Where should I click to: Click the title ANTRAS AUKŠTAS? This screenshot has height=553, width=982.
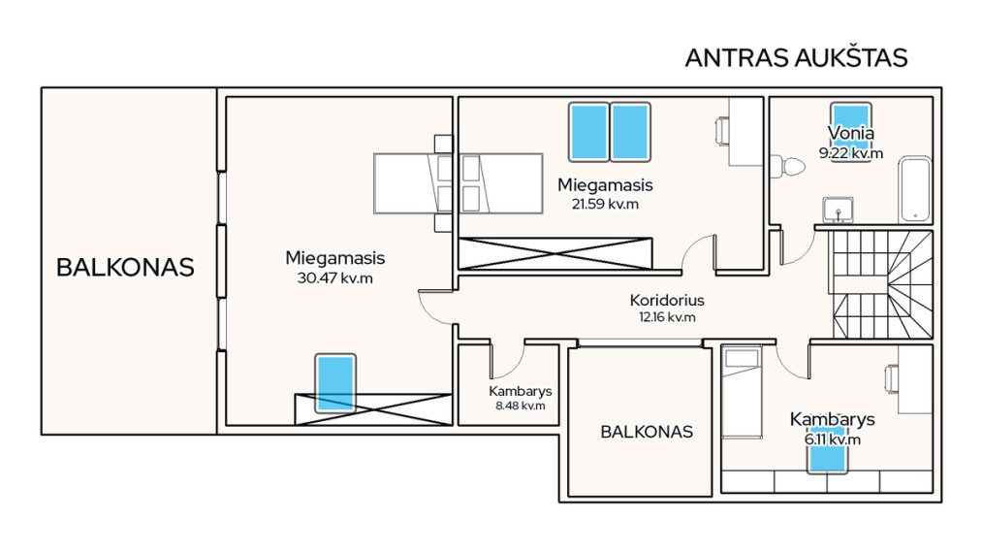click(796, 57)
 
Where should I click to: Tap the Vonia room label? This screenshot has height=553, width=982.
click(850, 133)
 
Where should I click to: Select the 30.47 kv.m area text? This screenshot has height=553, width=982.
click(335, 277)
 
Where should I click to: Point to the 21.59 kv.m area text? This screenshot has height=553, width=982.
click(605, 204)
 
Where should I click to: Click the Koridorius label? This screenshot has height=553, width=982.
click(667, 301)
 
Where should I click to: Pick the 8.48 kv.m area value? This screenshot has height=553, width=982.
click(521, 406)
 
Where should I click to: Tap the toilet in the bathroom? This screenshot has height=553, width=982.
click(788, 166)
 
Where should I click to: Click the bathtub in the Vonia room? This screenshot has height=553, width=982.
click(915, 190)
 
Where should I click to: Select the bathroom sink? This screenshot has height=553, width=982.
click(838, 210)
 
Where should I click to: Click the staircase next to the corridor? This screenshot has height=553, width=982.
click(882, 284)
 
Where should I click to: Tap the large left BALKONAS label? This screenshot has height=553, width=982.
click(125, 268)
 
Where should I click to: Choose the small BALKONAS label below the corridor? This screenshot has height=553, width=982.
click(647, 432)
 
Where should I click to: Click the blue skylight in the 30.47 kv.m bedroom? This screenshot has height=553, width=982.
click(335, 384)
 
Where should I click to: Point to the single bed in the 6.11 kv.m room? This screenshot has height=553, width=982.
click(742, 392)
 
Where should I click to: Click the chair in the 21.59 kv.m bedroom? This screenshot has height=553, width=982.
click(722, 132)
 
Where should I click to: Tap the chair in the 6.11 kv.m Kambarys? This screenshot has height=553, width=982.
click(891, 379)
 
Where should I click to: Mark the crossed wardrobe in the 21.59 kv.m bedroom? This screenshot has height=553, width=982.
click(555, 253)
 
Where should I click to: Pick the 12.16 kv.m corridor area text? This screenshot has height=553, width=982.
click(667, 317)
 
